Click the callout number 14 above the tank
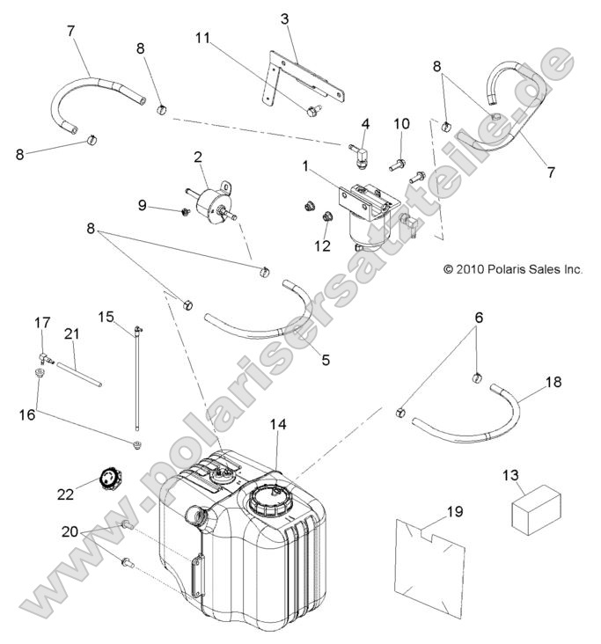click(x=277, y=425)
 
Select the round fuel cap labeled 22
click(x=110, y=481)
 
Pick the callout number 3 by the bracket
click(x=284, y=18)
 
